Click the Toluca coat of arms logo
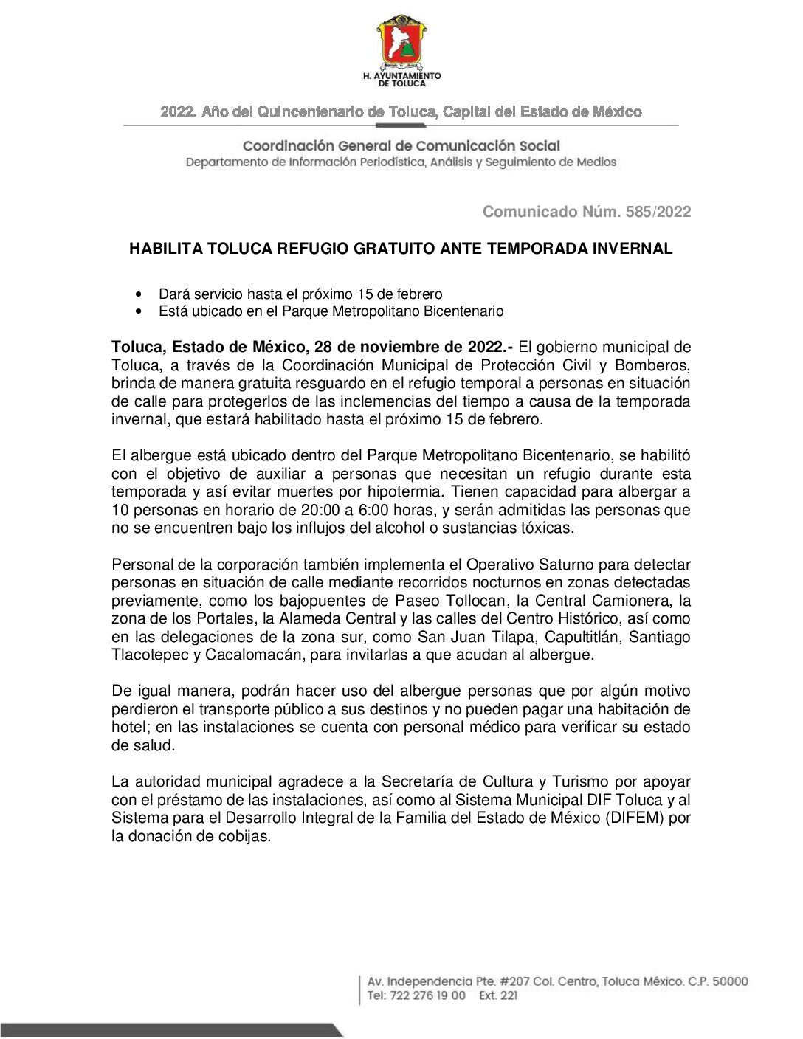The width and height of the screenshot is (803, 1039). [x=401, y=42]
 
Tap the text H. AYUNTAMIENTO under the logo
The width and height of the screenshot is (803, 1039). [x=401, y=75]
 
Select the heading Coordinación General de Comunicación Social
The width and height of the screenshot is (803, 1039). [x=401, y=146]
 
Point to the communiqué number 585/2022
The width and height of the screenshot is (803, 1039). [x=658, y=212]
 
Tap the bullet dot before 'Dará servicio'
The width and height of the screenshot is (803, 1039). [x=140, y=294]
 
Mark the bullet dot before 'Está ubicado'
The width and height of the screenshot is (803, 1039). [x=140, y=311]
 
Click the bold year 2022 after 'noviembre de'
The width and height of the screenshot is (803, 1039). [x=486, y=347]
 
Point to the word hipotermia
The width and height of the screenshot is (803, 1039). [x=407, y=492]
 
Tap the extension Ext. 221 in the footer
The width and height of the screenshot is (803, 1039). [x=498, y=995]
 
